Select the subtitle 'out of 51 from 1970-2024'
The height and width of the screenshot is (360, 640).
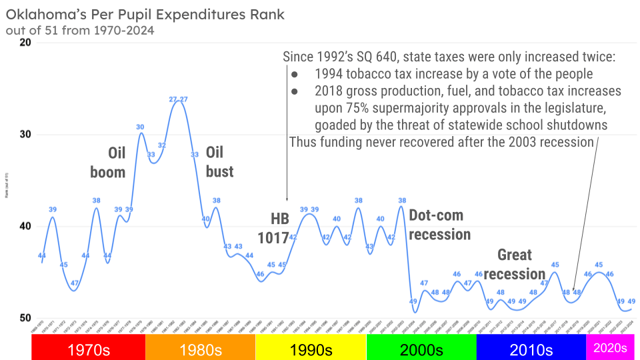pos(79,30)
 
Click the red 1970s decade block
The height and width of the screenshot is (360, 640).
pos(89,347)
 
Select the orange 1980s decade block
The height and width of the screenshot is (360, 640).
pos(200,347)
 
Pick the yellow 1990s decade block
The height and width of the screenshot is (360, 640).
pos(311,347)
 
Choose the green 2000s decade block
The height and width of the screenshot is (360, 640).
pos(421,347)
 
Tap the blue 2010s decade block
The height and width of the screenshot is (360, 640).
pos(531,347)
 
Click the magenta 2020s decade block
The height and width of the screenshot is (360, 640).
pos(610,347)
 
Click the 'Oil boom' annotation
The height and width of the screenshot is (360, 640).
pos(108,162)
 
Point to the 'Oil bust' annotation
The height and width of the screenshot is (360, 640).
pos(219,162)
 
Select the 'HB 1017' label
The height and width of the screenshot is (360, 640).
pos(273,228)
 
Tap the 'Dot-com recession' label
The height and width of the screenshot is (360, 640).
pos(439,225)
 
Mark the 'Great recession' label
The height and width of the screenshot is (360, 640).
pos(515,264)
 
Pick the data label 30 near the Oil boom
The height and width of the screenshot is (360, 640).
pos(140,127)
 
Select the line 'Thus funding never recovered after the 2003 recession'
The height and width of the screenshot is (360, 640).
pos(441,142)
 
